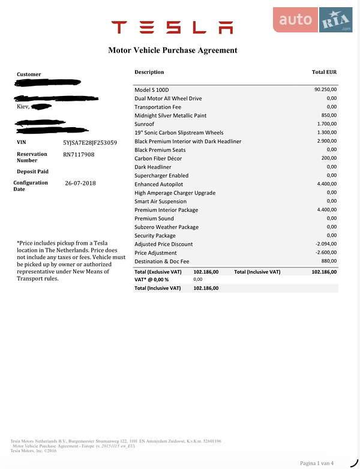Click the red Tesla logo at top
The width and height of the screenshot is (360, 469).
tap(172, 27)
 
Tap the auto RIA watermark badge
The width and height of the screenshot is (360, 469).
tap(313, 20)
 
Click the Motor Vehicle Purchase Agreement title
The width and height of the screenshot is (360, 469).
tap(172, 50)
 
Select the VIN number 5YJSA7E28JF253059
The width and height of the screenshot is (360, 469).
tap(90, 143)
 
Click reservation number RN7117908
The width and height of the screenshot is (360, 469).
tap(79, 154)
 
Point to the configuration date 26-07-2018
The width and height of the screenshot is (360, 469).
tap(80, 183)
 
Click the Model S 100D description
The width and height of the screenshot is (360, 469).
tap(151, 90)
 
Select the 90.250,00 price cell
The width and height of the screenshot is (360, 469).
tap(325, 90)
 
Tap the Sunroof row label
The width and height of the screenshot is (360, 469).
tap(145, 124)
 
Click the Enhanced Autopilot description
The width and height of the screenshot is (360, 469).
tap(158, 185)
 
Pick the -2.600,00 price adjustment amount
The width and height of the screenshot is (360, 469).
tap(326, 253)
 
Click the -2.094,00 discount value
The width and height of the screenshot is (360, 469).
tap(326, 245)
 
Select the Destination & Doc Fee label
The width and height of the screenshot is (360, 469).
tap(161, 261)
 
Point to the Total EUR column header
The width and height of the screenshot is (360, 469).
tap(324, 72)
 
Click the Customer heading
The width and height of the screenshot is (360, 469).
tap(29, 74)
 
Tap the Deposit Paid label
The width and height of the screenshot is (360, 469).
tap(32, 172)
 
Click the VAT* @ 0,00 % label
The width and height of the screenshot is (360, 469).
tap(152, 279)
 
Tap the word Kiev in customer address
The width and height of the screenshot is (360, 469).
tap(23, 107)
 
